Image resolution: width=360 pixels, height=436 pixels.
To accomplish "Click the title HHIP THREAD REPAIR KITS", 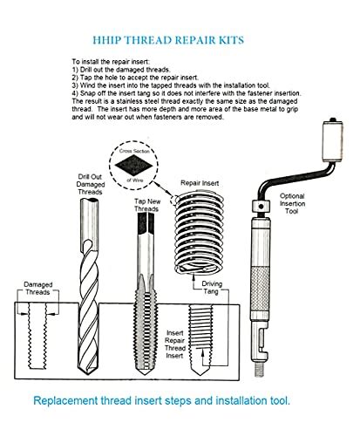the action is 168,40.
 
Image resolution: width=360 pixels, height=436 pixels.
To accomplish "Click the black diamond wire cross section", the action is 133,166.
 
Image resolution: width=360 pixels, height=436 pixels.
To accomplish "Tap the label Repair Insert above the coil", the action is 200,183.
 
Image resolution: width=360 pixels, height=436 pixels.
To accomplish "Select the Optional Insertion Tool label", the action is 292,203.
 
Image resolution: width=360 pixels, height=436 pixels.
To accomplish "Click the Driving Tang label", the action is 212,288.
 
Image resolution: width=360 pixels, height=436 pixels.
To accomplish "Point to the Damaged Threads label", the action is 38,289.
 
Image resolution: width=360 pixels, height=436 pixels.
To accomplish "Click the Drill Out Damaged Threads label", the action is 91,184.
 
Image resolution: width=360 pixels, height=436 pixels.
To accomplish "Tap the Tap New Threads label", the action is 147,205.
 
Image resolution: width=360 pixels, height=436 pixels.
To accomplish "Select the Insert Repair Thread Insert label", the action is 175,344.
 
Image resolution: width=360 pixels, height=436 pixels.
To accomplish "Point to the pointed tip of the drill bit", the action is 88,373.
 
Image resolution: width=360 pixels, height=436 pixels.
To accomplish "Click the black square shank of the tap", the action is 146,223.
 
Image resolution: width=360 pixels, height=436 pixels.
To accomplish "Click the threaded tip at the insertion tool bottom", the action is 260,370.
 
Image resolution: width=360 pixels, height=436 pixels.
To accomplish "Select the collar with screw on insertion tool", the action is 261,207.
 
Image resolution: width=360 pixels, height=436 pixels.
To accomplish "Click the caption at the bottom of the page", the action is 162,400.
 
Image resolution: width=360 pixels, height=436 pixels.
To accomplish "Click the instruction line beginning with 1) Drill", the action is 121,70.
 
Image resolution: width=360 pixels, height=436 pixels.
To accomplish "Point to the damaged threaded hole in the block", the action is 37,336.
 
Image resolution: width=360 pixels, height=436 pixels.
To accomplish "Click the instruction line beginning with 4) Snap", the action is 187,93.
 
